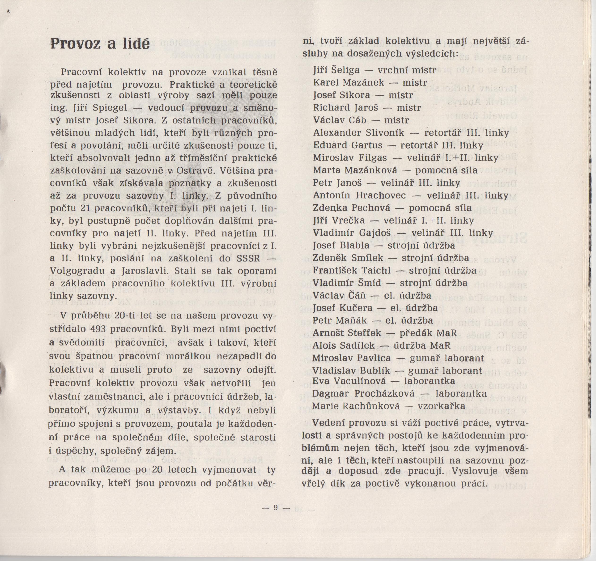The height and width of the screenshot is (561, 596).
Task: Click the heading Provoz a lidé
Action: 100,44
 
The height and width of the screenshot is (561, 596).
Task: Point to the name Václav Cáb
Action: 340,120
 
